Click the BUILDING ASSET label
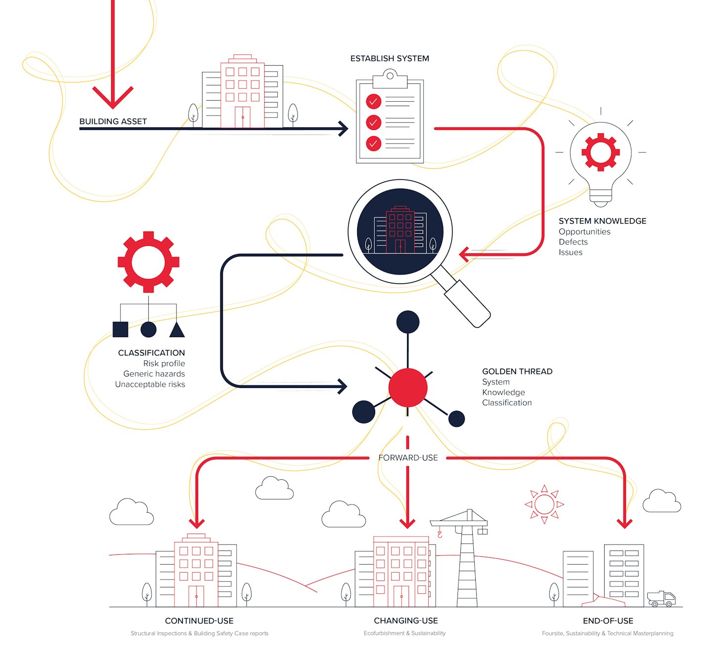[x=113, y=121]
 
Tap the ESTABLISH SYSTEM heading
[x=389, y=59]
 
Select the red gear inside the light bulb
[x=600, y=152]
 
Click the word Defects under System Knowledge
[x=573, y=242]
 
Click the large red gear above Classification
[x=148, y=262]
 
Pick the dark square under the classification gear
[x=121, y=329]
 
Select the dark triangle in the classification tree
[x=177, y=329]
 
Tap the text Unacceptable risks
[x=150, y=385]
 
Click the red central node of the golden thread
[x=408, y=387]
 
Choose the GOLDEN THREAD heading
[x=517, y=371]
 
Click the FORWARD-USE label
[x=408, y=458]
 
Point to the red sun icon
[x=544, y=504]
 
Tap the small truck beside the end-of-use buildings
[x=661, y=599]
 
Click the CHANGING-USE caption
[x=406, y=621]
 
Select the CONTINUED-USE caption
[x=199, y=621]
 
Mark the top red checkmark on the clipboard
[x=373, y=102]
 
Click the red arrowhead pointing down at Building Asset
[x=113, y=97]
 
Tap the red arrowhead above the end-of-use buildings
[x=624, y=524]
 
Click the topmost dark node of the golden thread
[x=408, y=322]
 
